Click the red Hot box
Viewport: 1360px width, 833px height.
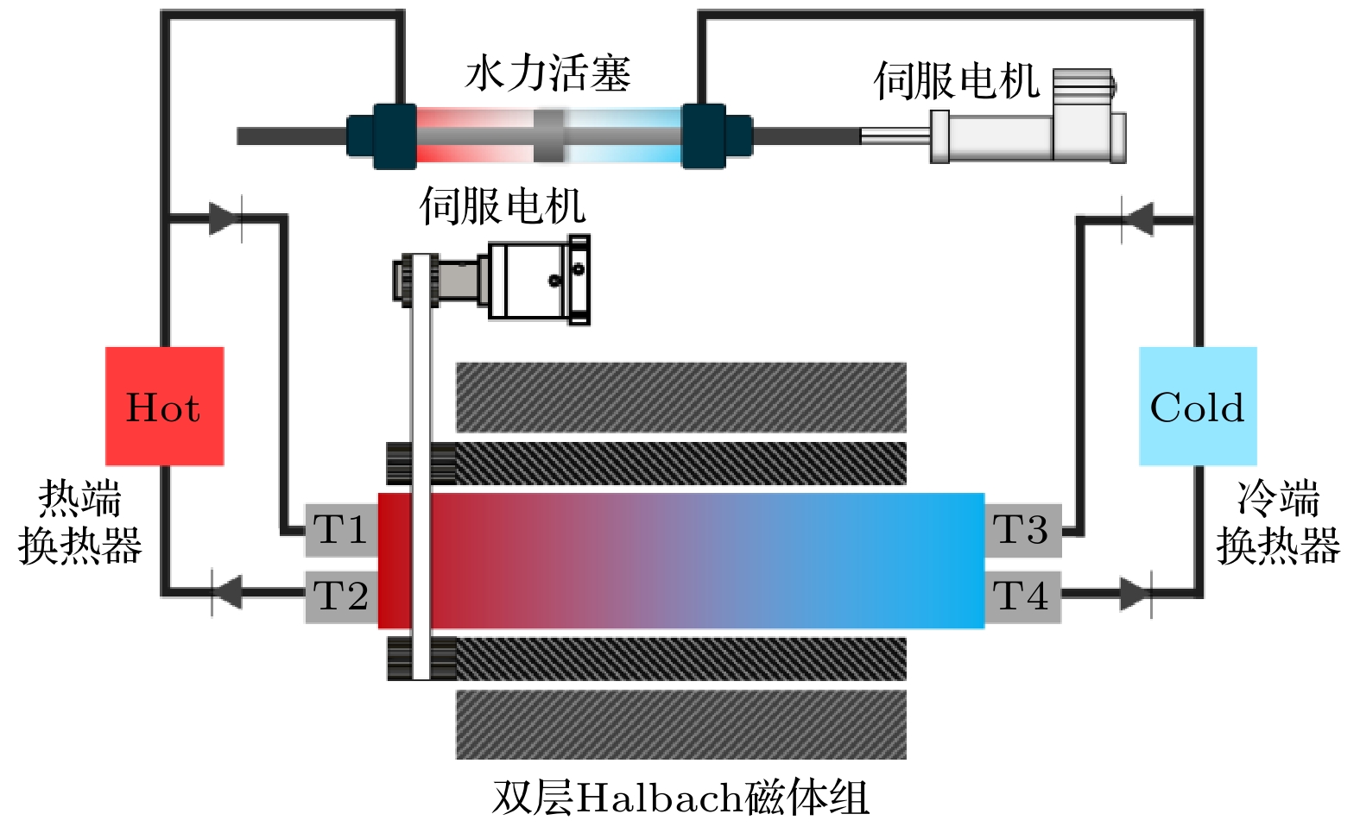[164, 406]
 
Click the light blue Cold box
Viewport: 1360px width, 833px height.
[1198, 406]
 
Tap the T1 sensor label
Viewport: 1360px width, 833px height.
[341, 530]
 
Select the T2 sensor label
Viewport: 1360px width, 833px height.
[341, 596]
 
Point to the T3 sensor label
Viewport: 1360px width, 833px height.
[1022, 530]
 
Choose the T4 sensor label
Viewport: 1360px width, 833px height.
[1022, 596]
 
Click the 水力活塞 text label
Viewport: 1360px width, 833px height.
[548, 73]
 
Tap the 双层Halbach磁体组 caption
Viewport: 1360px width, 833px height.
[680, 798]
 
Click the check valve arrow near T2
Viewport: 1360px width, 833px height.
[226, 593]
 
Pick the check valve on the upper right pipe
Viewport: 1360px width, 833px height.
[1138, 218]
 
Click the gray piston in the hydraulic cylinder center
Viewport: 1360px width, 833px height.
[548, 136]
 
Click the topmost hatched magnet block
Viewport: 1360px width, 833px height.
[680, 397]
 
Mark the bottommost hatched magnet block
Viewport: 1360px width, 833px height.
[680, 724]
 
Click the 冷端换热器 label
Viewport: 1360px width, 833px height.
[1278, 522]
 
